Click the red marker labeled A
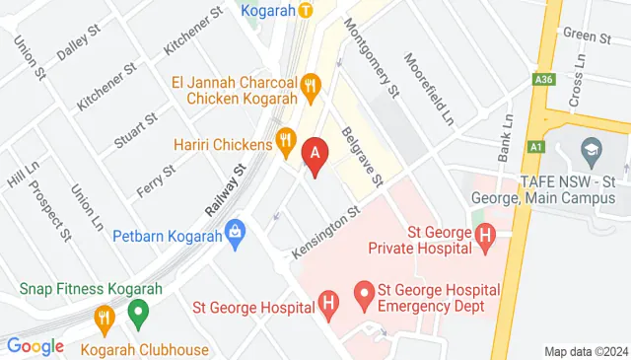[315, 154]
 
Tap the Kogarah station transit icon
[306, 11]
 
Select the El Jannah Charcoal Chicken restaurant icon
[313, 85]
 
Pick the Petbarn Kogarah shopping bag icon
[235, 234]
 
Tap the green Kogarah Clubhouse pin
[138, 317]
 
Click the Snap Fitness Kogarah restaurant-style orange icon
[104, 317]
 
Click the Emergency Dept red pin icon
[363, 292]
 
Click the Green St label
[589, 36]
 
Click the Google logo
[35, 346]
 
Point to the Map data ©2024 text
[585, 351]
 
